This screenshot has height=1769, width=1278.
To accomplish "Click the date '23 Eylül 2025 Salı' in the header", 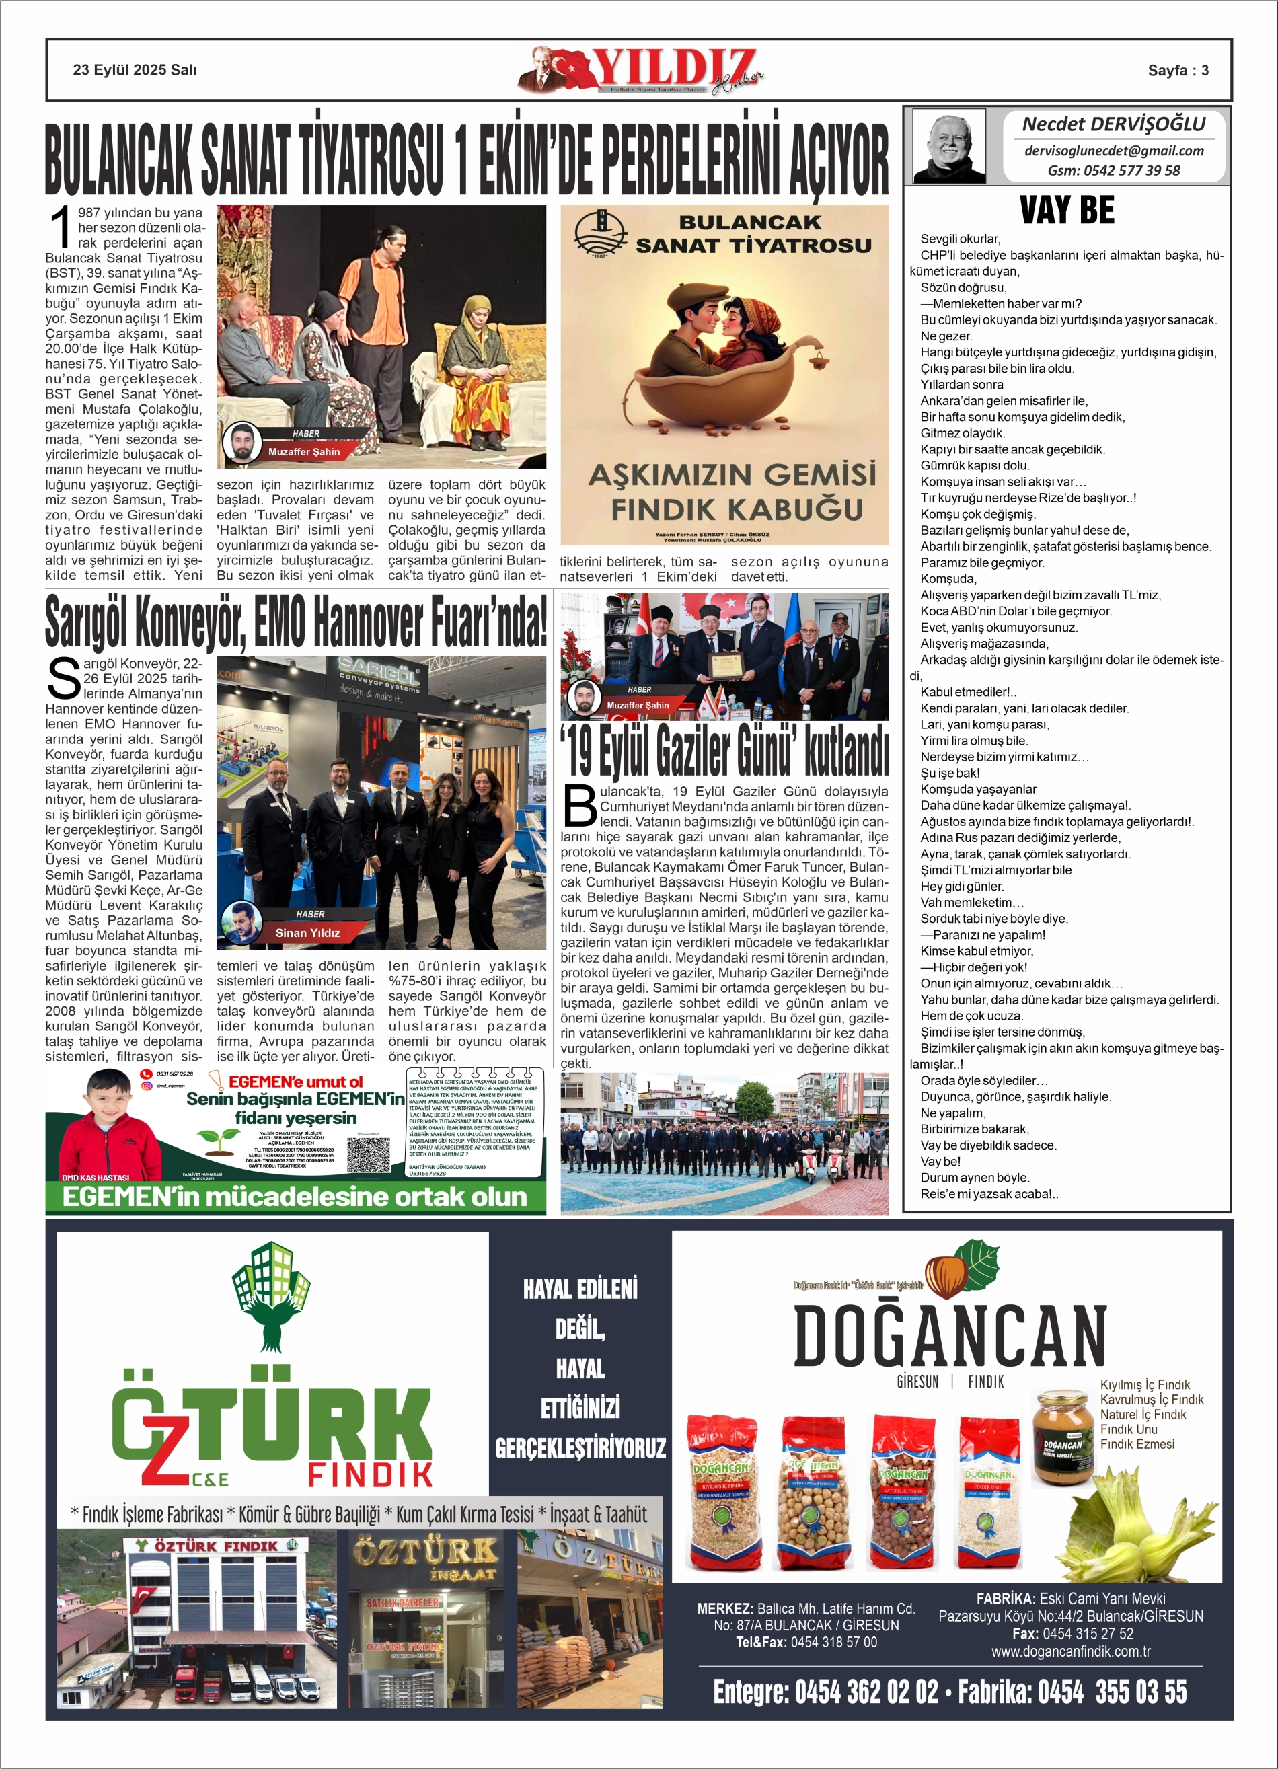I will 135,70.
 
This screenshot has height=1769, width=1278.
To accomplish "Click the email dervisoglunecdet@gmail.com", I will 1113,151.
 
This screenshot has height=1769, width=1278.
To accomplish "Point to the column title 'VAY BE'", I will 1067,211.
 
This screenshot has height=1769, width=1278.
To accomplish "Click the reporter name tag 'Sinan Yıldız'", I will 307,932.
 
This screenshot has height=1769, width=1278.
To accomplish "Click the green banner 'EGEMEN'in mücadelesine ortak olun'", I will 295,1197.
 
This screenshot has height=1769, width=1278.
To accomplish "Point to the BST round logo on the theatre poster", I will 599,233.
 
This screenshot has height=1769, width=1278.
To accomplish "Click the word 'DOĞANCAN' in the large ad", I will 950,1337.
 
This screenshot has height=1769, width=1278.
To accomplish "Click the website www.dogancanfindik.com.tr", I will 1070,1651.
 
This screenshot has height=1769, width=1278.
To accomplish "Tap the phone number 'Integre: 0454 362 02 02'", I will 825,1692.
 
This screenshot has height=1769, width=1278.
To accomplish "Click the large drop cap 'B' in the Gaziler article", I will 580,806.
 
